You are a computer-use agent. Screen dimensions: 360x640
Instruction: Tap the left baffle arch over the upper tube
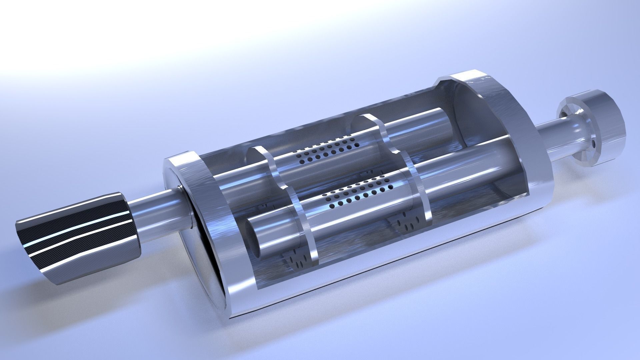coord(267,160)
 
